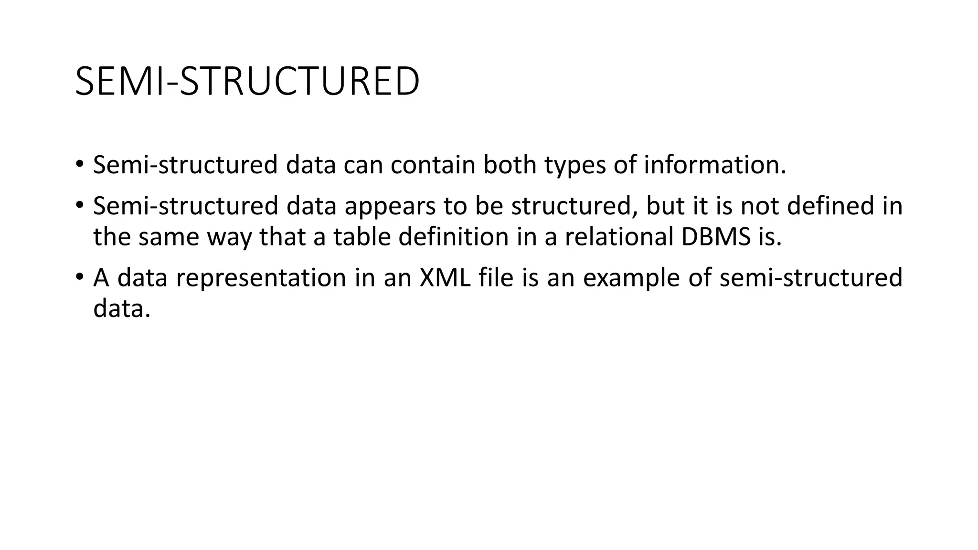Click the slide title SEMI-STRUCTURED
click(x=247, y=82)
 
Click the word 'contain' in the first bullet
click(x=433, y=165)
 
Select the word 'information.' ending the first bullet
click(x=714, y=165)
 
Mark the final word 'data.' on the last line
click(x=122, y=309)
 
